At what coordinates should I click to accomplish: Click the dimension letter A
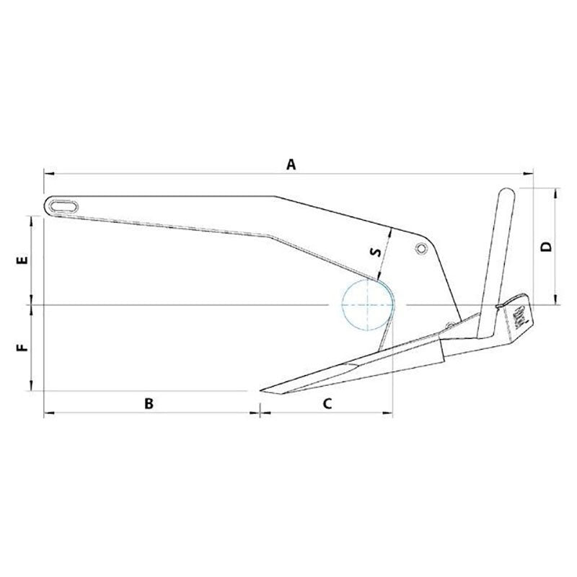pos(291,164)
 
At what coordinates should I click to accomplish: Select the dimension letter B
pos(149,404)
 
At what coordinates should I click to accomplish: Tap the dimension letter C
pos(327,404)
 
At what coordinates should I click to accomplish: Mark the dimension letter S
pos(374,252)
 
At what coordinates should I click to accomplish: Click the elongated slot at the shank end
pos(64,205)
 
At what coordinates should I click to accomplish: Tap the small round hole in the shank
pos(420,248)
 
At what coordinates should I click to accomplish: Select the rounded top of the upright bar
pos(506,193)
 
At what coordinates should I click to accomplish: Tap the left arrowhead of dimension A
pos(46,173)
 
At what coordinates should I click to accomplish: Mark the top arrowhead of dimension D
pos(556,190)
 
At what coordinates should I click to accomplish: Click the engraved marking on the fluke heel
pos(521,314)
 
